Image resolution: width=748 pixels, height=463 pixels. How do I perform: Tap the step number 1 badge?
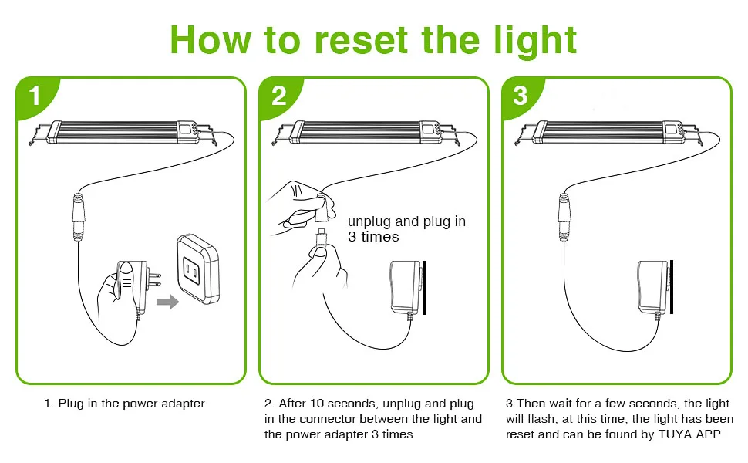(x=35, y=96)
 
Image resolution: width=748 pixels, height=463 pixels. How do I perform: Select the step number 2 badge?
(x=278, y=96)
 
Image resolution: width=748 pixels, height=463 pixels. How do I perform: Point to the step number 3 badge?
(x=521, y=96)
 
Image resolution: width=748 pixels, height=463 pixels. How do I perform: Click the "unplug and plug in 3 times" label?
(x=406, y=229)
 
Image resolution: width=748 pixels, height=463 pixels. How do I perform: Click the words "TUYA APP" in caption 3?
(x=692, y=434)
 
